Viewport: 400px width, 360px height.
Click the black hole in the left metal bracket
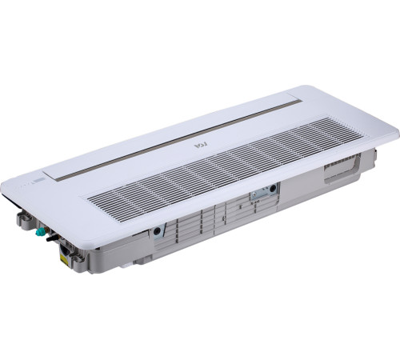(157, 230)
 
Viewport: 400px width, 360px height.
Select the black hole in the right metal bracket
(273, 189)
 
